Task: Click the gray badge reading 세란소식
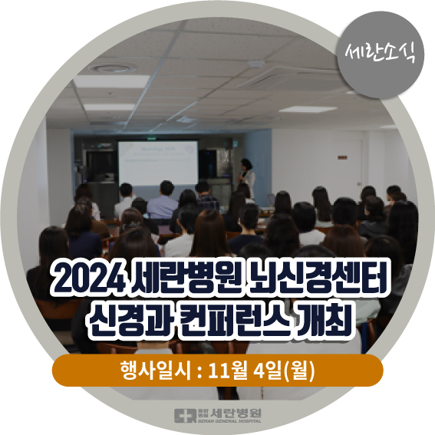(x=381, y=54)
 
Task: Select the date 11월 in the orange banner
(x=228, y=371)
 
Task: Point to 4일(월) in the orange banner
(x=284, y=371)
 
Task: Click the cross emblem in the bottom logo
(x=185, y=416)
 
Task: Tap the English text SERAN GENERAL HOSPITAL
(x=229, y=421)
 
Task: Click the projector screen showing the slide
(x=158, y=163)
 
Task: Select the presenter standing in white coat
(x=246, y=177)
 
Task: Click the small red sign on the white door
(x=342, y=158)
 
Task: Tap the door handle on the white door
(x=358, y=183)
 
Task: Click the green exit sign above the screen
(x=151, y=138)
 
